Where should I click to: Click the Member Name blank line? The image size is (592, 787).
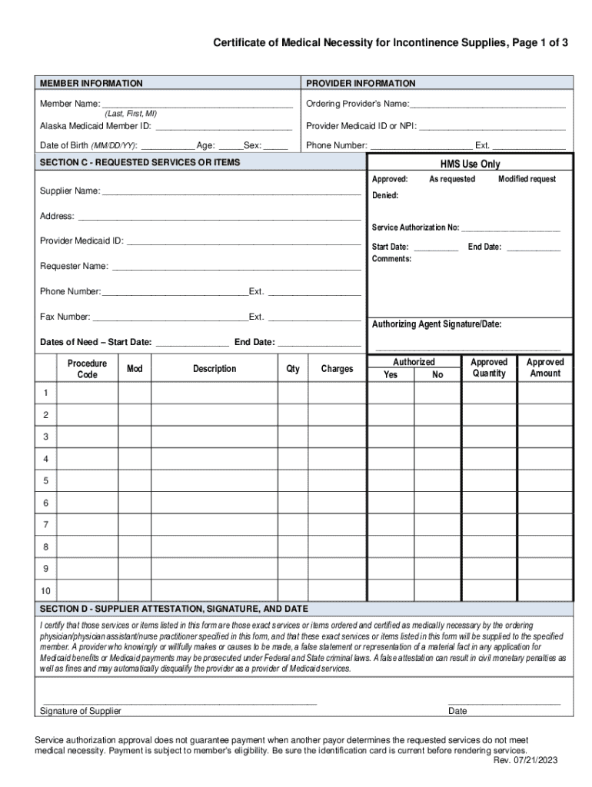[x=197, y=104]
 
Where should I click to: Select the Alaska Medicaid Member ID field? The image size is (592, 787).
[x=223, y=126]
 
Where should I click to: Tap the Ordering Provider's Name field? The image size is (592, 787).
[x=488, y=104]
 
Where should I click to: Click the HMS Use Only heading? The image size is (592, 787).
[x=470, y=164]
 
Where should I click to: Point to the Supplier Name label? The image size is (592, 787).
[x=69, y=191]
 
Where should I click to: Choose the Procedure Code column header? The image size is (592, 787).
[x=87, y=369]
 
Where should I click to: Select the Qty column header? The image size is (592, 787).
[x=293, y=369]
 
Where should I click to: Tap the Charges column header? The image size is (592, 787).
[x=337, y=369]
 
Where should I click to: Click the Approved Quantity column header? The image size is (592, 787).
[x=489, y=367]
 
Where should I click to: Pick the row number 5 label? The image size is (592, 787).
[x=45, y=481]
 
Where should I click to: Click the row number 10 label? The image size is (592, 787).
[x=45, y=591]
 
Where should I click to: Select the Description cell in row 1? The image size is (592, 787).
[x=215, y=393]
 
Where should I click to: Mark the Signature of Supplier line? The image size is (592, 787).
[x=178, y=701]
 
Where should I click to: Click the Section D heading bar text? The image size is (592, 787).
[x=174, y=608]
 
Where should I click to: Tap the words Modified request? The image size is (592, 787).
[x=527, y=179]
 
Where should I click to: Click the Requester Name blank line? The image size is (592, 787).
[x=236, y=267]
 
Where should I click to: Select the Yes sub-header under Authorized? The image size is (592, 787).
[x=391, y=375]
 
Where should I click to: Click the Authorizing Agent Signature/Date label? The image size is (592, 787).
[x=437, y=324]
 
